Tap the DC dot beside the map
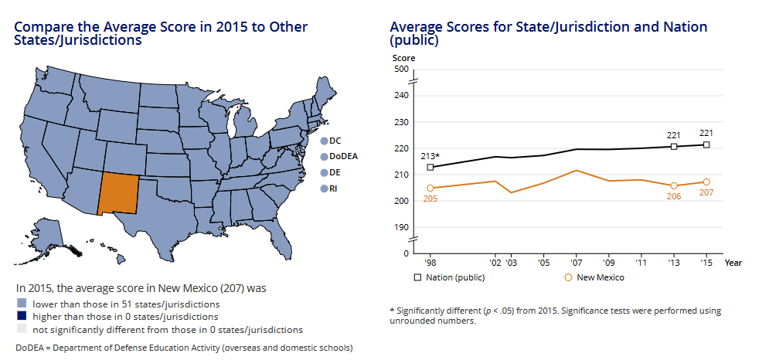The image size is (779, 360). pos(324,141)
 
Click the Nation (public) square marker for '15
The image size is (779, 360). pos(706,144)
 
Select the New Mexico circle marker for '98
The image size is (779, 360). pos(430,188)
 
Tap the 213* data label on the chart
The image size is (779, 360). pos(430,156)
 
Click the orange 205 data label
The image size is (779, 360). pos(430,199)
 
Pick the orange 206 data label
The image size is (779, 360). pos(674,196)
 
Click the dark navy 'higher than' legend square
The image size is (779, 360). pos(21,316)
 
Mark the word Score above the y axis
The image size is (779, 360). pos(403,57)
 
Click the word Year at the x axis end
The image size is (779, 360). pos(733,263)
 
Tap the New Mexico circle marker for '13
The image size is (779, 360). pos(674,185)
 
